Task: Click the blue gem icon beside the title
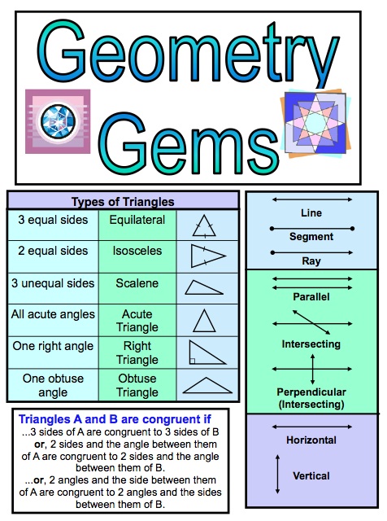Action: pos(58,121)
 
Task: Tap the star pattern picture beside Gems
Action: pos(315,123)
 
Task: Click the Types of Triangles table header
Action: pos(123,201)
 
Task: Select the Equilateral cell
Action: pos(137,225)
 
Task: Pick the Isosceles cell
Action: pos(137,256)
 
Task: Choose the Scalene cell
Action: pos(137,288)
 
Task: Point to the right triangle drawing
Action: pos(207,352)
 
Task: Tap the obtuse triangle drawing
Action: pos(207,385)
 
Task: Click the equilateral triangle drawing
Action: pos(204,226)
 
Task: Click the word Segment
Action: pos(311,237)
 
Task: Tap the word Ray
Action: pos(311,261)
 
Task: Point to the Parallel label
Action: pos(311,296)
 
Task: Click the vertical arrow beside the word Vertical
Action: pos(278,474)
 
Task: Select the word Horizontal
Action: pos(311,440)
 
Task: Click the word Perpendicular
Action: pos(311,392)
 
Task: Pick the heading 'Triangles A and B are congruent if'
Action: pos(115,419)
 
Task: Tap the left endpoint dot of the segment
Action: pos(272,229)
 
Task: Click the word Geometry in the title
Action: pos(188,51)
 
